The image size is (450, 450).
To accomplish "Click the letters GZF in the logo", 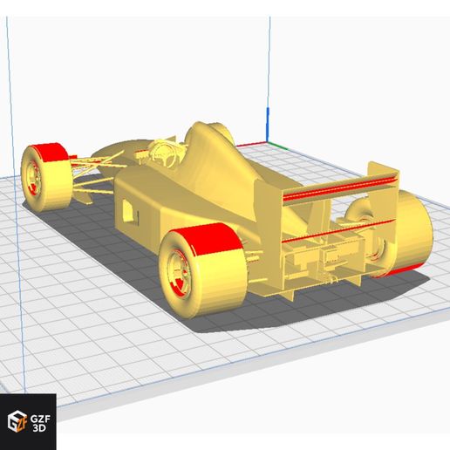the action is click(x=40, y=419).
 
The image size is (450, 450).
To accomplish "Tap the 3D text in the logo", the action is click(x=39, y=428).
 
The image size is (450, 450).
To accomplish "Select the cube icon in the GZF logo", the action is click(x=17, y=421).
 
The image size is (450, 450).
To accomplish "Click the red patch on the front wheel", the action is click(x=50, y=152).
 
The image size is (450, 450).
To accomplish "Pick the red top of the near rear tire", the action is click(x=208, y=238).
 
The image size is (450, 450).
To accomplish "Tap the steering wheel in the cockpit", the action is click(x=164, y=154).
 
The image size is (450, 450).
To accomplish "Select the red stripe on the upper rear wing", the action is click(x=339, y=188).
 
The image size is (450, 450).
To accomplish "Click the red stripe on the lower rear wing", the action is click(x=338, y=232).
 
